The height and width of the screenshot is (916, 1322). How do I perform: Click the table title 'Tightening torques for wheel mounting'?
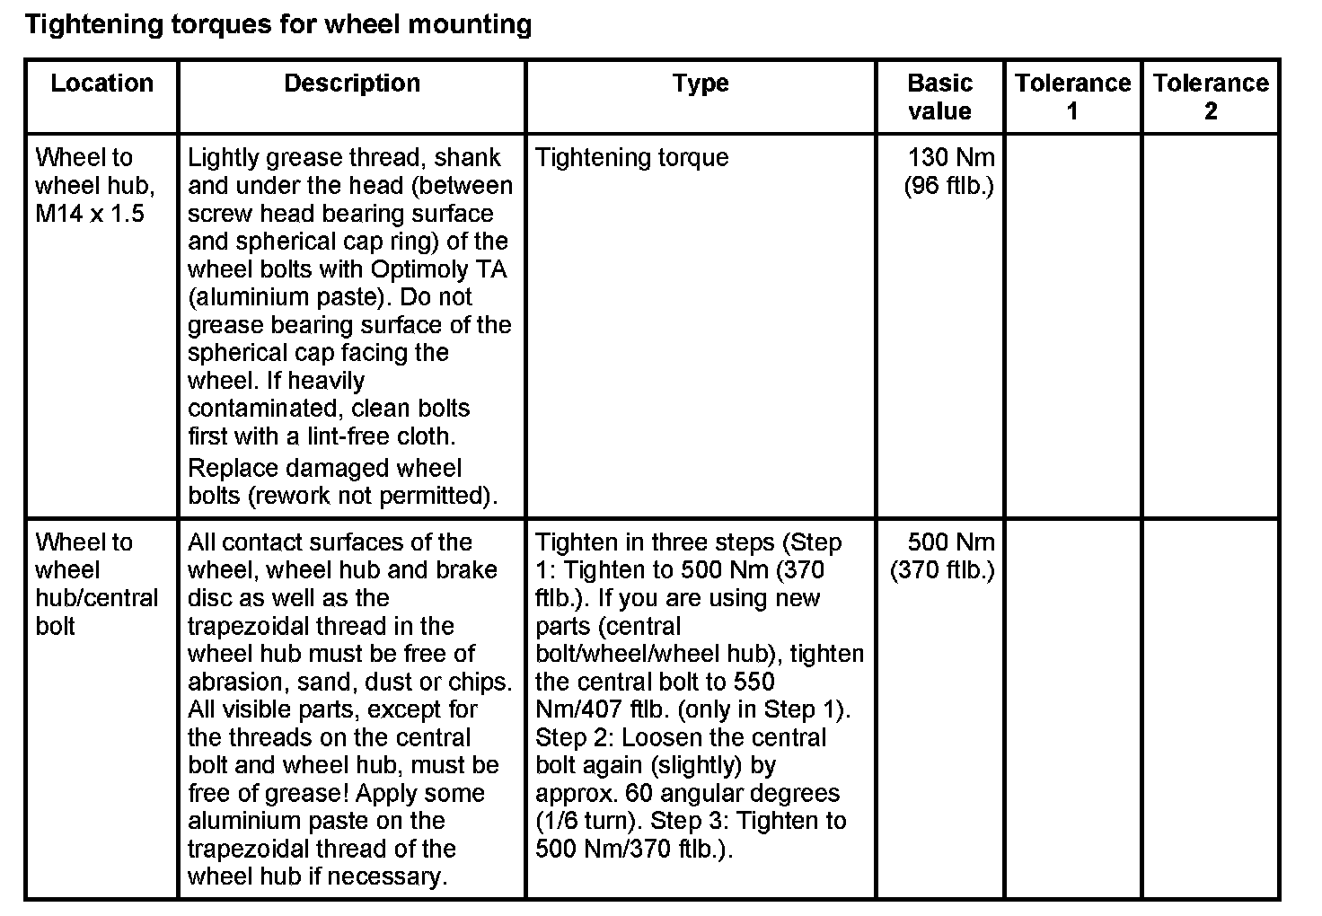click(x=278, y=24)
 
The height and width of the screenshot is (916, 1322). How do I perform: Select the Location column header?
click(x=101, y=84)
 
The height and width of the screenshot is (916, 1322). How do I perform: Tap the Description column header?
click(x=352, y=84)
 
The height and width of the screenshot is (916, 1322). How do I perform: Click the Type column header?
click(x=701, y=84)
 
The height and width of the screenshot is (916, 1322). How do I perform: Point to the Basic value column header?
click(x=939, y=97)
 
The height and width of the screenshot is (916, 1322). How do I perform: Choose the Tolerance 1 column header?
click(x=1072, y=97)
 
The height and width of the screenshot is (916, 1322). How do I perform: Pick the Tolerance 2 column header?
click(x=1210, y=97)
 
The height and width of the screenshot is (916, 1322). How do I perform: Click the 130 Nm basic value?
click(x=951, y=158)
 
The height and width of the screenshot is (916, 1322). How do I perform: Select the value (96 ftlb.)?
click(x=948, y=186)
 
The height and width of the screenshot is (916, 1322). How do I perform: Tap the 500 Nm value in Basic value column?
click(x=951, y=542)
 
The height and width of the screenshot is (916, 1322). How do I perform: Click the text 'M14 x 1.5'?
click(x=90, y=214)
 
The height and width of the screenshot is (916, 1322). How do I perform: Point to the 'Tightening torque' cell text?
click(x=631, y=158)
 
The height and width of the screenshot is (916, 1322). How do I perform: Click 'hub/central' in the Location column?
click(x=96, y=598)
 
